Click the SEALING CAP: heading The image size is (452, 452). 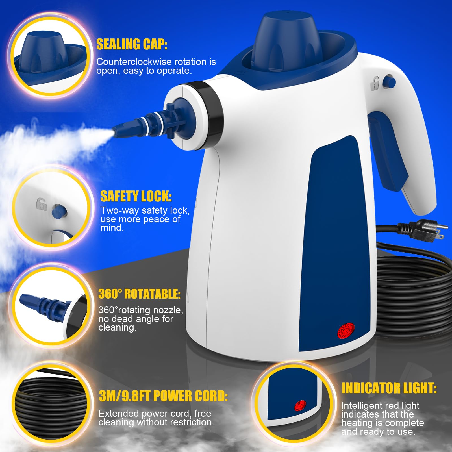(x=132, y=44)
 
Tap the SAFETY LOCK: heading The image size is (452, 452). (x=136, y=196)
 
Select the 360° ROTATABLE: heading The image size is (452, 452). (x=139, y=294)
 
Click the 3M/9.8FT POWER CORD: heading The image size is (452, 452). (x=163, y=396)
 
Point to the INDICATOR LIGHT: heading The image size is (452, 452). (x=389, y=388)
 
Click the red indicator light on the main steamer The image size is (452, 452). (x=346, y=331)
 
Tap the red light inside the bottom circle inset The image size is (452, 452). (x=300, y=406)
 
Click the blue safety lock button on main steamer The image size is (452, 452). (x=389, y=82)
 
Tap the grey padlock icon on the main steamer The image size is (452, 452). (x=375, y=84)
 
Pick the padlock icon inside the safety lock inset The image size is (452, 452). (x=42, y=204)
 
